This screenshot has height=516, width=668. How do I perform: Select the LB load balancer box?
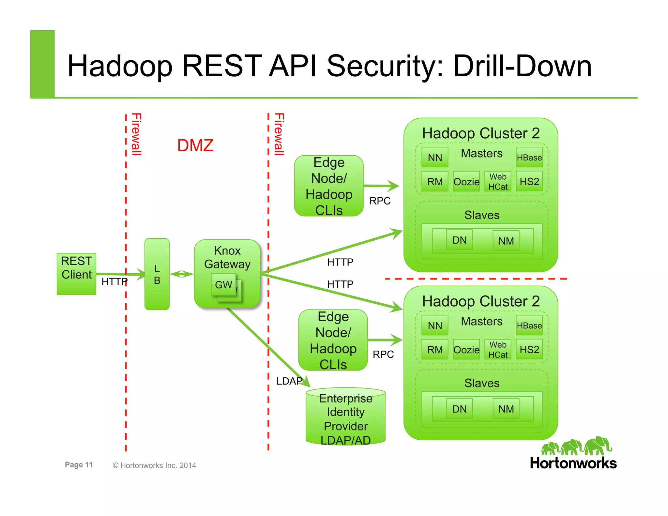pyautogui.click(x=157, y=274)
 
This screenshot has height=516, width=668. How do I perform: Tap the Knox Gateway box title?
pyautogui.click(x=227, y=257)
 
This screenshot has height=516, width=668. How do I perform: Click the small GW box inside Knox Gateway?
pyautogui.click(x=223, y=284)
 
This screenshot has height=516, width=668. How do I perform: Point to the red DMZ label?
pyautogui.click(x=195, y=145)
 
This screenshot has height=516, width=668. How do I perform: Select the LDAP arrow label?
pyautogui.click(x=289, y=381)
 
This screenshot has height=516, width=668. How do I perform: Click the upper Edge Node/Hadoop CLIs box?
pyautogui.click(x=329, y=186)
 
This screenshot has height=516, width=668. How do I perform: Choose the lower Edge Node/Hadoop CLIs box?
pyautogui.click(x=333, y=340)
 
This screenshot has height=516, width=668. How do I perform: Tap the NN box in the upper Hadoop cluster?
pyautogui.click(x=435, y=158)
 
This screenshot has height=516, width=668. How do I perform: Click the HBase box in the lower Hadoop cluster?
pyautogui.click(x=529, y=326)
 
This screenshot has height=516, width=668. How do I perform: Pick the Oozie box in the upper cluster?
pyautogui.click(x=466, y=182)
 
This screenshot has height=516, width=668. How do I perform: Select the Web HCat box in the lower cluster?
pyautogui.click(x=498, y=350)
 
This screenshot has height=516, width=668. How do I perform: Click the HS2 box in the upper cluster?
pyautogui.click(x=529, y=181)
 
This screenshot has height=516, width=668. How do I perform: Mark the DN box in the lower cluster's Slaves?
pyautogui.click(x=459, y=409)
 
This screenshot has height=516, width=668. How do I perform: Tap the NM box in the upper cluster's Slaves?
pyautogui.click(x=506, y=241)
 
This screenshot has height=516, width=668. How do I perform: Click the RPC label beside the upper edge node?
pyautogui.click(x=380, y=201)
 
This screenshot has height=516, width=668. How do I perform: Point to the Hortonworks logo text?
pyautogui.click(x=573, y=463)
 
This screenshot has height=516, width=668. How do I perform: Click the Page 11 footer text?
pyautogui.click(x=79, y=465)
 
